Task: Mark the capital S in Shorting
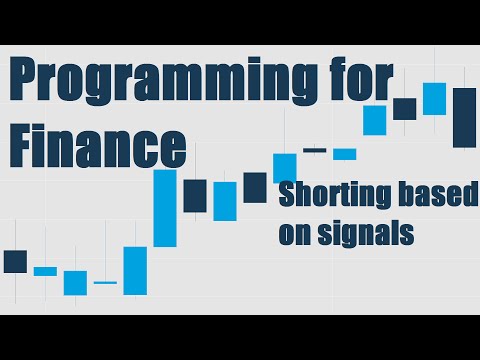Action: [287, 196]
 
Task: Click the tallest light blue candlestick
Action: [165, 208]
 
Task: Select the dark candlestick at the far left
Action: [15, 261]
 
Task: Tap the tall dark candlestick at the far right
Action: [464, 117]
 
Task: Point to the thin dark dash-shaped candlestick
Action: [315, 150]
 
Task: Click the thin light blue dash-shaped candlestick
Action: [105, 283]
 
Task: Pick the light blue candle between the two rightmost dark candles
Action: [434, 98]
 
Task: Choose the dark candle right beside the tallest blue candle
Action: [195, 195]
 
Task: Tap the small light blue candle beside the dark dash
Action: [345, 154]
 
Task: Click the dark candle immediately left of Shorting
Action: [255, 187]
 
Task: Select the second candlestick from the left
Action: [45, 271]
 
